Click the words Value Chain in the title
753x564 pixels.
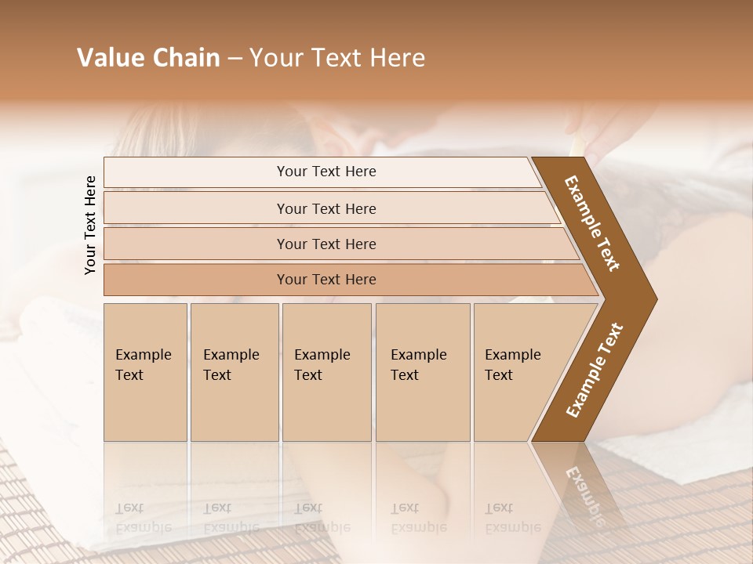[148, 58]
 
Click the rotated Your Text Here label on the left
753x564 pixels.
[90, 226]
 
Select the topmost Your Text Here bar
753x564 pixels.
[326, 172]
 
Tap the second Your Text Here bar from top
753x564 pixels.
[326, 208]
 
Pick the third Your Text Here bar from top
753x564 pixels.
[326, 244]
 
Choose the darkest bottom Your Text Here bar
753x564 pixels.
[326, 280]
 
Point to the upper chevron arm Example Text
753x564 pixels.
[593, 223]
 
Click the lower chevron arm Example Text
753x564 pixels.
[595, 370]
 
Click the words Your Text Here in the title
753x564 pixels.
[337, 58]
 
